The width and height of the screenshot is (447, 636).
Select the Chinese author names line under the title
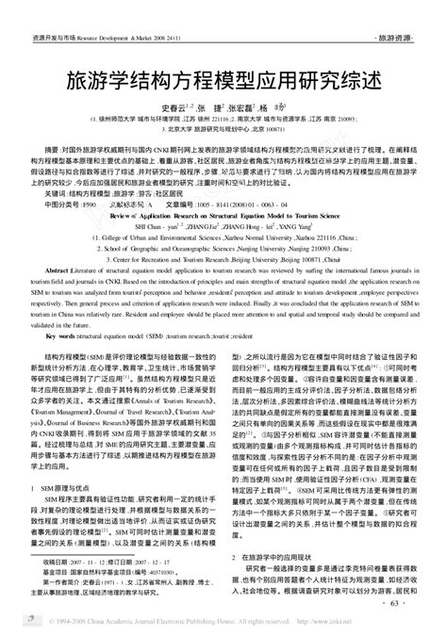[223, 108]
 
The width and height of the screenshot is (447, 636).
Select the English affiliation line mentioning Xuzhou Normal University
[223, 236]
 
